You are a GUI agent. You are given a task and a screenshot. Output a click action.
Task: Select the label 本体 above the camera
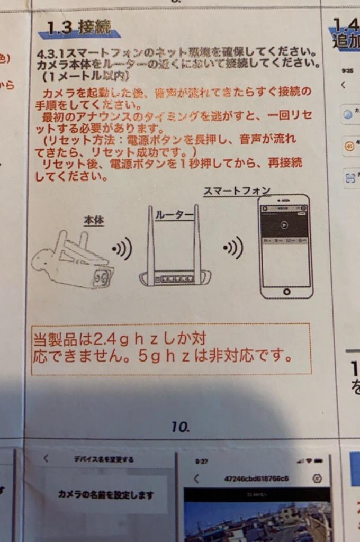(x=94, y=221)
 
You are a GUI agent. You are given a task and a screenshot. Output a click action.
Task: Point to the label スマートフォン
(x=237, y=191)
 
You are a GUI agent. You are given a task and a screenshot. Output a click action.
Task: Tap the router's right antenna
(x=197, y=238)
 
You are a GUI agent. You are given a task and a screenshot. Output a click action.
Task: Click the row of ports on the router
(x=174, y=278)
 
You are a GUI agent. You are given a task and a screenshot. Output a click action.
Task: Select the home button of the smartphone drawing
(x=286, y=292)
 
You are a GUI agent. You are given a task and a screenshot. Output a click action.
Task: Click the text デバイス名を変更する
(x=104, y=459)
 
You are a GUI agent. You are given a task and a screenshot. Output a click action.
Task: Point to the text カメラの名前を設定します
(x=105, y=495)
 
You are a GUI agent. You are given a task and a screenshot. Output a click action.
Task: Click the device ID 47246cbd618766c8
(x=256, y=478)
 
